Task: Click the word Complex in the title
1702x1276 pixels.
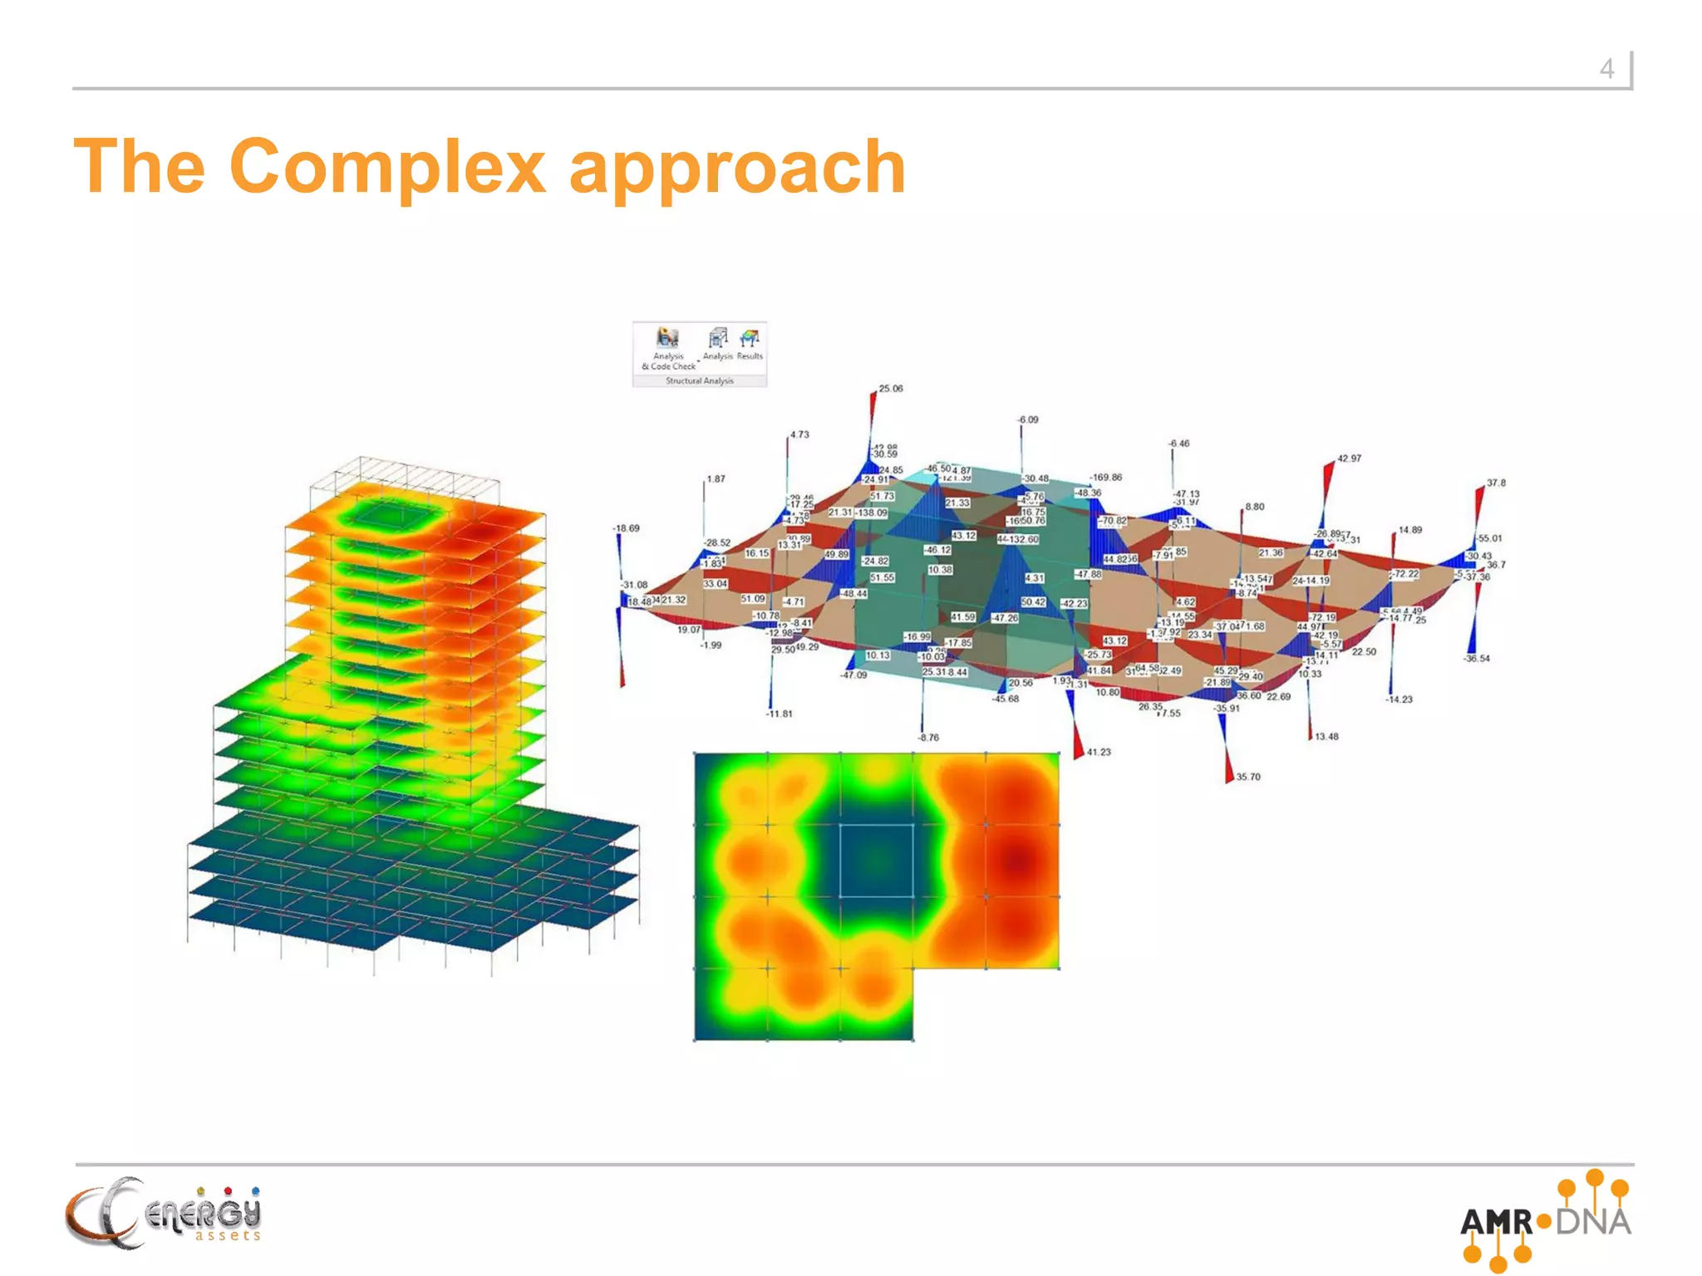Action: coord(387,168)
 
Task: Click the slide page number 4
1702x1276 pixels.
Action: coord(1606,69)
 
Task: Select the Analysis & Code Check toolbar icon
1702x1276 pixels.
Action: coord(668,339)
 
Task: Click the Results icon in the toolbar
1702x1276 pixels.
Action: coord(750,339)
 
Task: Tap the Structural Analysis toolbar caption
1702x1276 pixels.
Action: coord(699,381)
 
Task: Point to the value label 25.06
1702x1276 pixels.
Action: coord(891,389)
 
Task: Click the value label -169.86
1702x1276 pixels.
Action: coord(1106,478)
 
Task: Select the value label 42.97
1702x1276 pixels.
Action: coord(1349,459)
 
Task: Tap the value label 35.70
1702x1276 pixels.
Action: coord(1248,778)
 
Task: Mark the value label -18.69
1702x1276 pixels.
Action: coord(627,528)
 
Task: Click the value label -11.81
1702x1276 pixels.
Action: coord(780,714)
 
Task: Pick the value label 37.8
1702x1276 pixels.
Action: coord(1496,483)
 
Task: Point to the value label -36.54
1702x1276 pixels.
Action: coord(1477,659)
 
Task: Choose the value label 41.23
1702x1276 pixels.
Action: coord(1099,753)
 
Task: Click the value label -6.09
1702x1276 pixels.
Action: coord(1028,420)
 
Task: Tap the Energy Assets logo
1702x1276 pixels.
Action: coord(164,1214)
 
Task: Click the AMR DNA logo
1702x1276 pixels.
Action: coord(1545,1220)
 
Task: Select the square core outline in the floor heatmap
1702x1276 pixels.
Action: coord(877,861)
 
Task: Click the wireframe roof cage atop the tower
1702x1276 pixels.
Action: coord(405,478)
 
